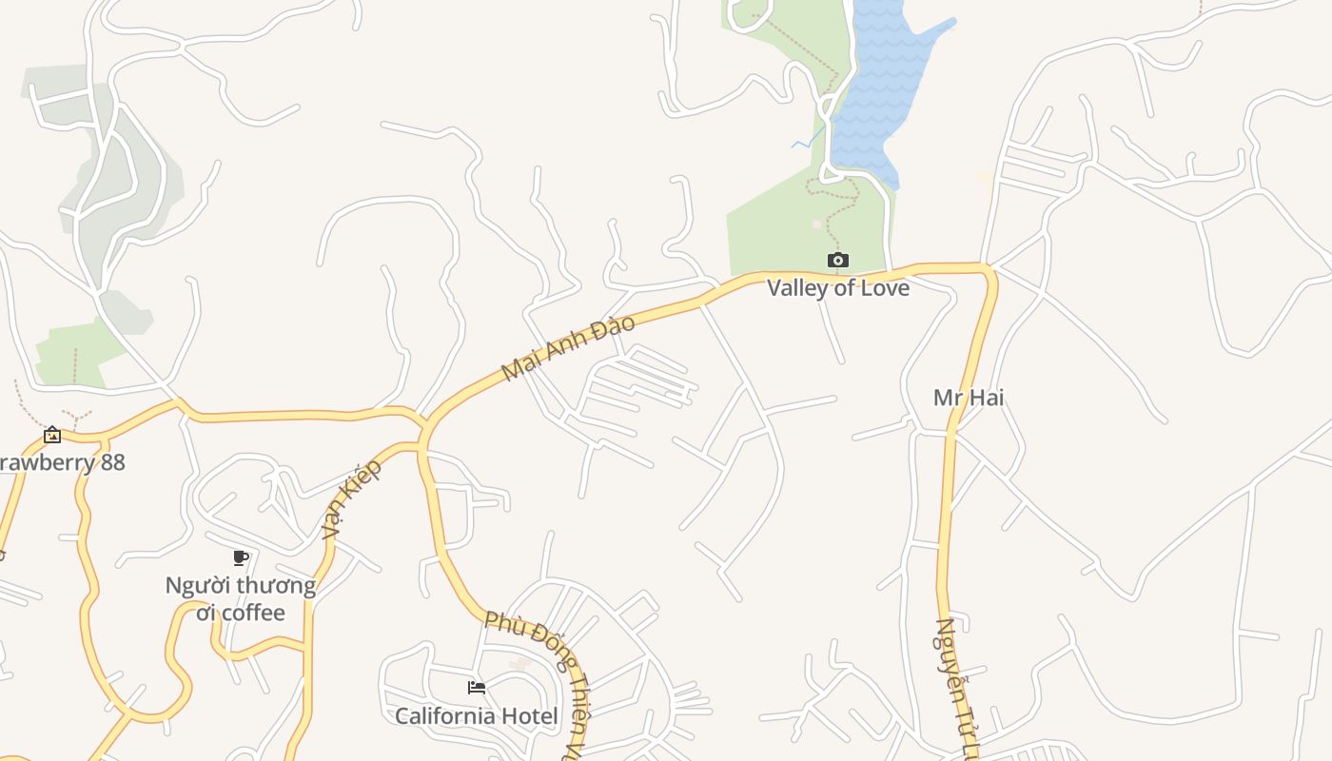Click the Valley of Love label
click(838, 287)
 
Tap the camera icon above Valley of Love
click(838, 260)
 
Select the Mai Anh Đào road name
click(568, 348)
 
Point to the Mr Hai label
click(969, 398)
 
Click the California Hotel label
click(477, 715)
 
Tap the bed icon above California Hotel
click(477, 687)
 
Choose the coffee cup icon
click(241, 557)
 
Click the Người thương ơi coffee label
click(241, 598)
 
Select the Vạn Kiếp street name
click(351, 498)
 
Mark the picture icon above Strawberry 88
click(52, 435)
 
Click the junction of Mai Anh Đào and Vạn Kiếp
click(422, 424)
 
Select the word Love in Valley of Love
click(884, 287)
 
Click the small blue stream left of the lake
click(806, 141)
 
